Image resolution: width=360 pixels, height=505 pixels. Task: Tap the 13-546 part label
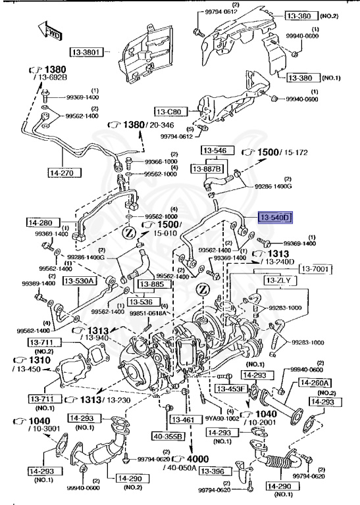214,151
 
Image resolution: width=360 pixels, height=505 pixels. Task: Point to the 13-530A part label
80,281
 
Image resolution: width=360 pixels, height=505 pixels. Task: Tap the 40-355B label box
167,435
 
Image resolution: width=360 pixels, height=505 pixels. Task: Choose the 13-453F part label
233,389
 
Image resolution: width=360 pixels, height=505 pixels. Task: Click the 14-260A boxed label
315,381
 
